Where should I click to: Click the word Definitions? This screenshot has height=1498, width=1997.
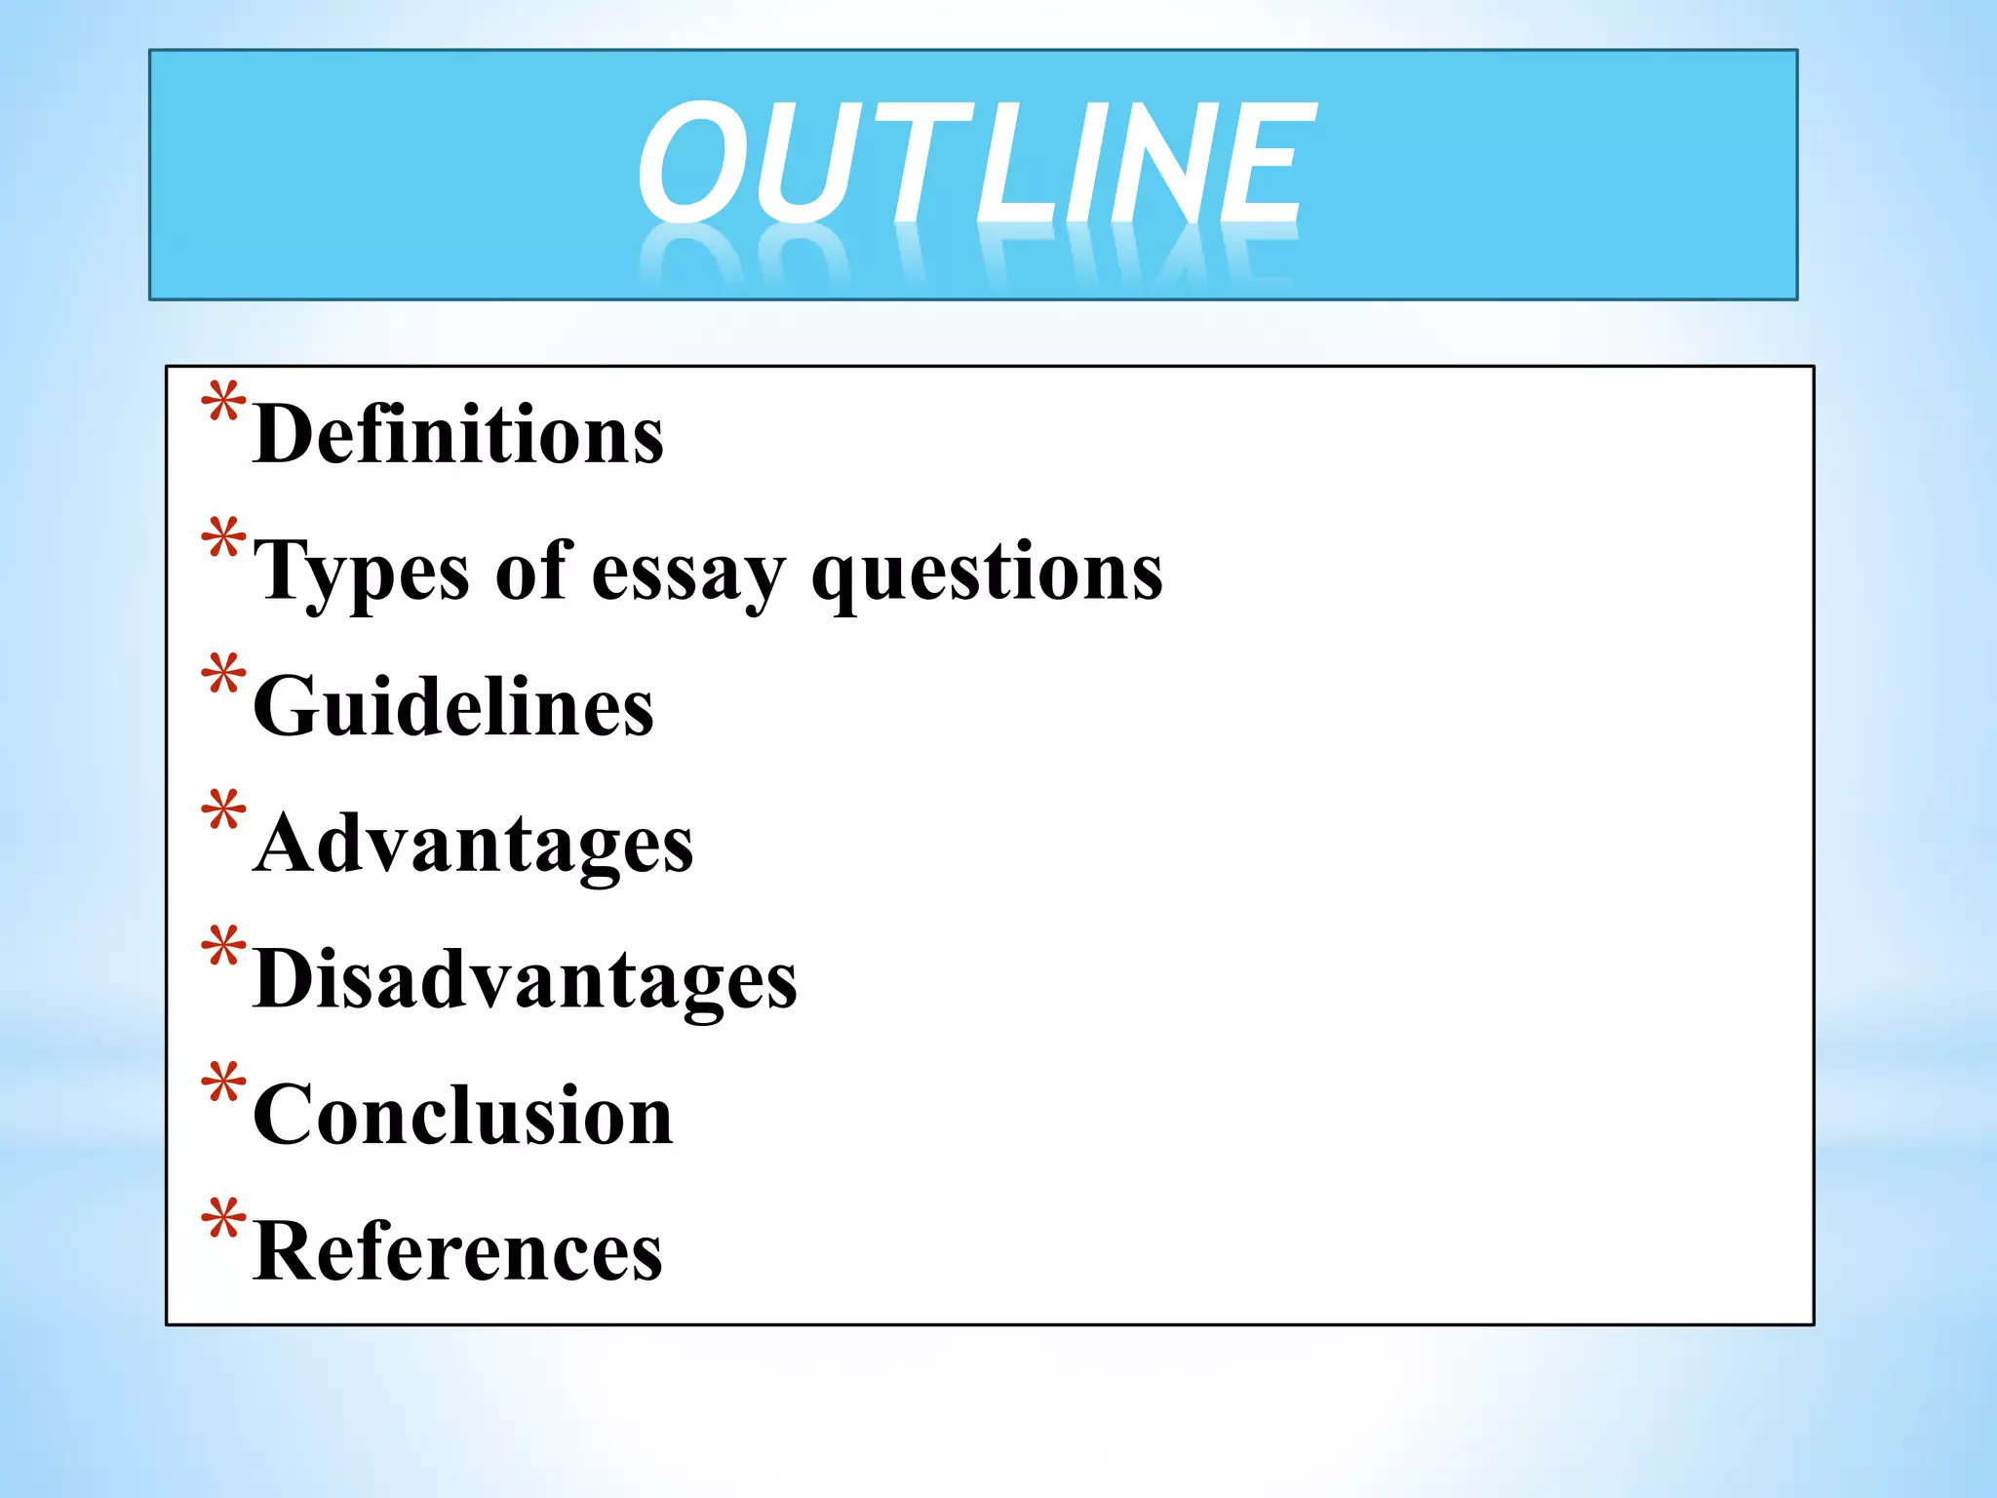click(x=458, y=434)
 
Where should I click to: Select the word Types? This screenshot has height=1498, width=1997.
click(x=361, y=572)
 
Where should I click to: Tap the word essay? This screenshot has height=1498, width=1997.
click(x=688, y=573)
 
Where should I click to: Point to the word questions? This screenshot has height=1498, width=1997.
click(x=987, y=573)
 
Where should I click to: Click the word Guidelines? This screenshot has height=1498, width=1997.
click(x=453, y=706)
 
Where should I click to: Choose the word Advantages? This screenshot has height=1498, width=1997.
click(x=474, y=844)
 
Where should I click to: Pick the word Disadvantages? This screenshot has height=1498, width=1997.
click(x=526, y=979)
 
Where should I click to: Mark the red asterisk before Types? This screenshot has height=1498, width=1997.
click(x=223, y=540)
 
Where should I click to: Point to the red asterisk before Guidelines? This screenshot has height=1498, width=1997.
click(x=223, y=676)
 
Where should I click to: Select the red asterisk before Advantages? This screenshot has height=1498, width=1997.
click(x=223, y=811)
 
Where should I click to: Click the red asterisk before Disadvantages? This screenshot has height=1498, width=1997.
click(x=223, y=948)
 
